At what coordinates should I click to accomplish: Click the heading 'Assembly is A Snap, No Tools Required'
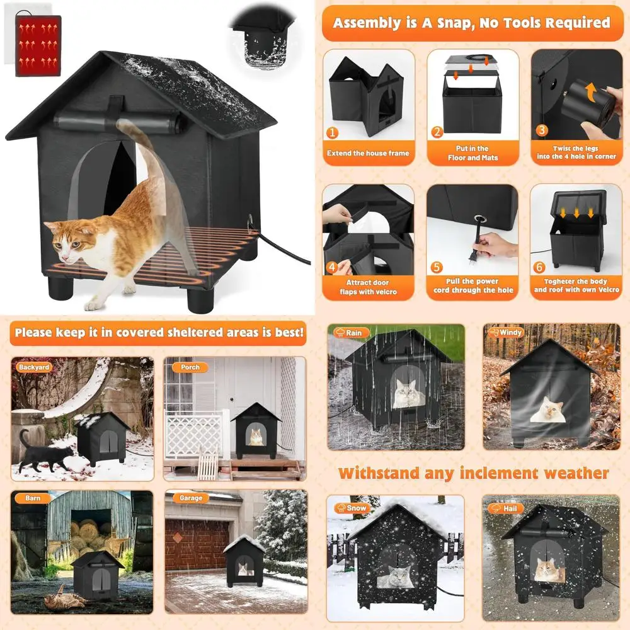point(472,23)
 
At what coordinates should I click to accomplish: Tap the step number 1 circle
point(333,133)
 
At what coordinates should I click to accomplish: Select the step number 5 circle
point(437,267)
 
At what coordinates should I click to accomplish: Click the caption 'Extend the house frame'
point(368,153)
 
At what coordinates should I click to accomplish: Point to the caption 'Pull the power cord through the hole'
point(473,286)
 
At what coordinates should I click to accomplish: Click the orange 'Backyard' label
point(34,367)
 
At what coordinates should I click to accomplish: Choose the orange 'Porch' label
point(190,367)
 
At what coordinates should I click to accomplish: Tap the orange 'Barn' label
point(33,498)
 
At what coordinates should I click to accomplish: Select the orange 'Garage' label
point(191,498)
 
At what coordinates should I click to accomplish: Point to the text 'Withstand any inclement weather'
point(473,473)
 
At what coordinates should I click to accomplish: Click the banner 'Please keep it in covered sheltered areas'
point(159,331)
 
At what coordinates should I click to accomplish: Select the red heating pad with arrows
point(38,46)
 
